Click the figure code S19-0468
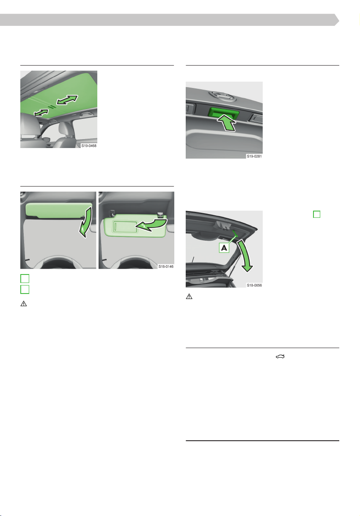point(89,145)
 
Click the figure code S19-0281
point(254,156)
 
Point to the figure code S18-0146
point(166,266)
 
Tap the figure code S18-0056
point(254,285)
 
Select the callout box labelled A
point(224,248)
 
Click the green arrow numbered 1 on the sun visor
point(86,221)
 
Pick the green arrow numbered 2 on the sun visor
point(151,225)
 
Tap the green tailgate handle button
point(224,113)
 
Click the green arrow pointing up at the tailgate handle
point(227,123)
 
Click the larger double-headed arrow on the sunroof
point(67,100)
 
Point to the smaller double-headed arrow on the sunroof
point(41,113)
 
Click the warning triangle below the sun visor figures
point(24,304)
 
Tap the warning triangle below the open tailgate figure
point(189,296)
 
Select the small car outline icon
point(280,357)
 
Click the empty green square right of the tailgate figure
point(317,214)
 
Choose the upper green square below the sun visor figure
point(25,278)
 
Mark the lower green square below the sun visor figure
point(25,289)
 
